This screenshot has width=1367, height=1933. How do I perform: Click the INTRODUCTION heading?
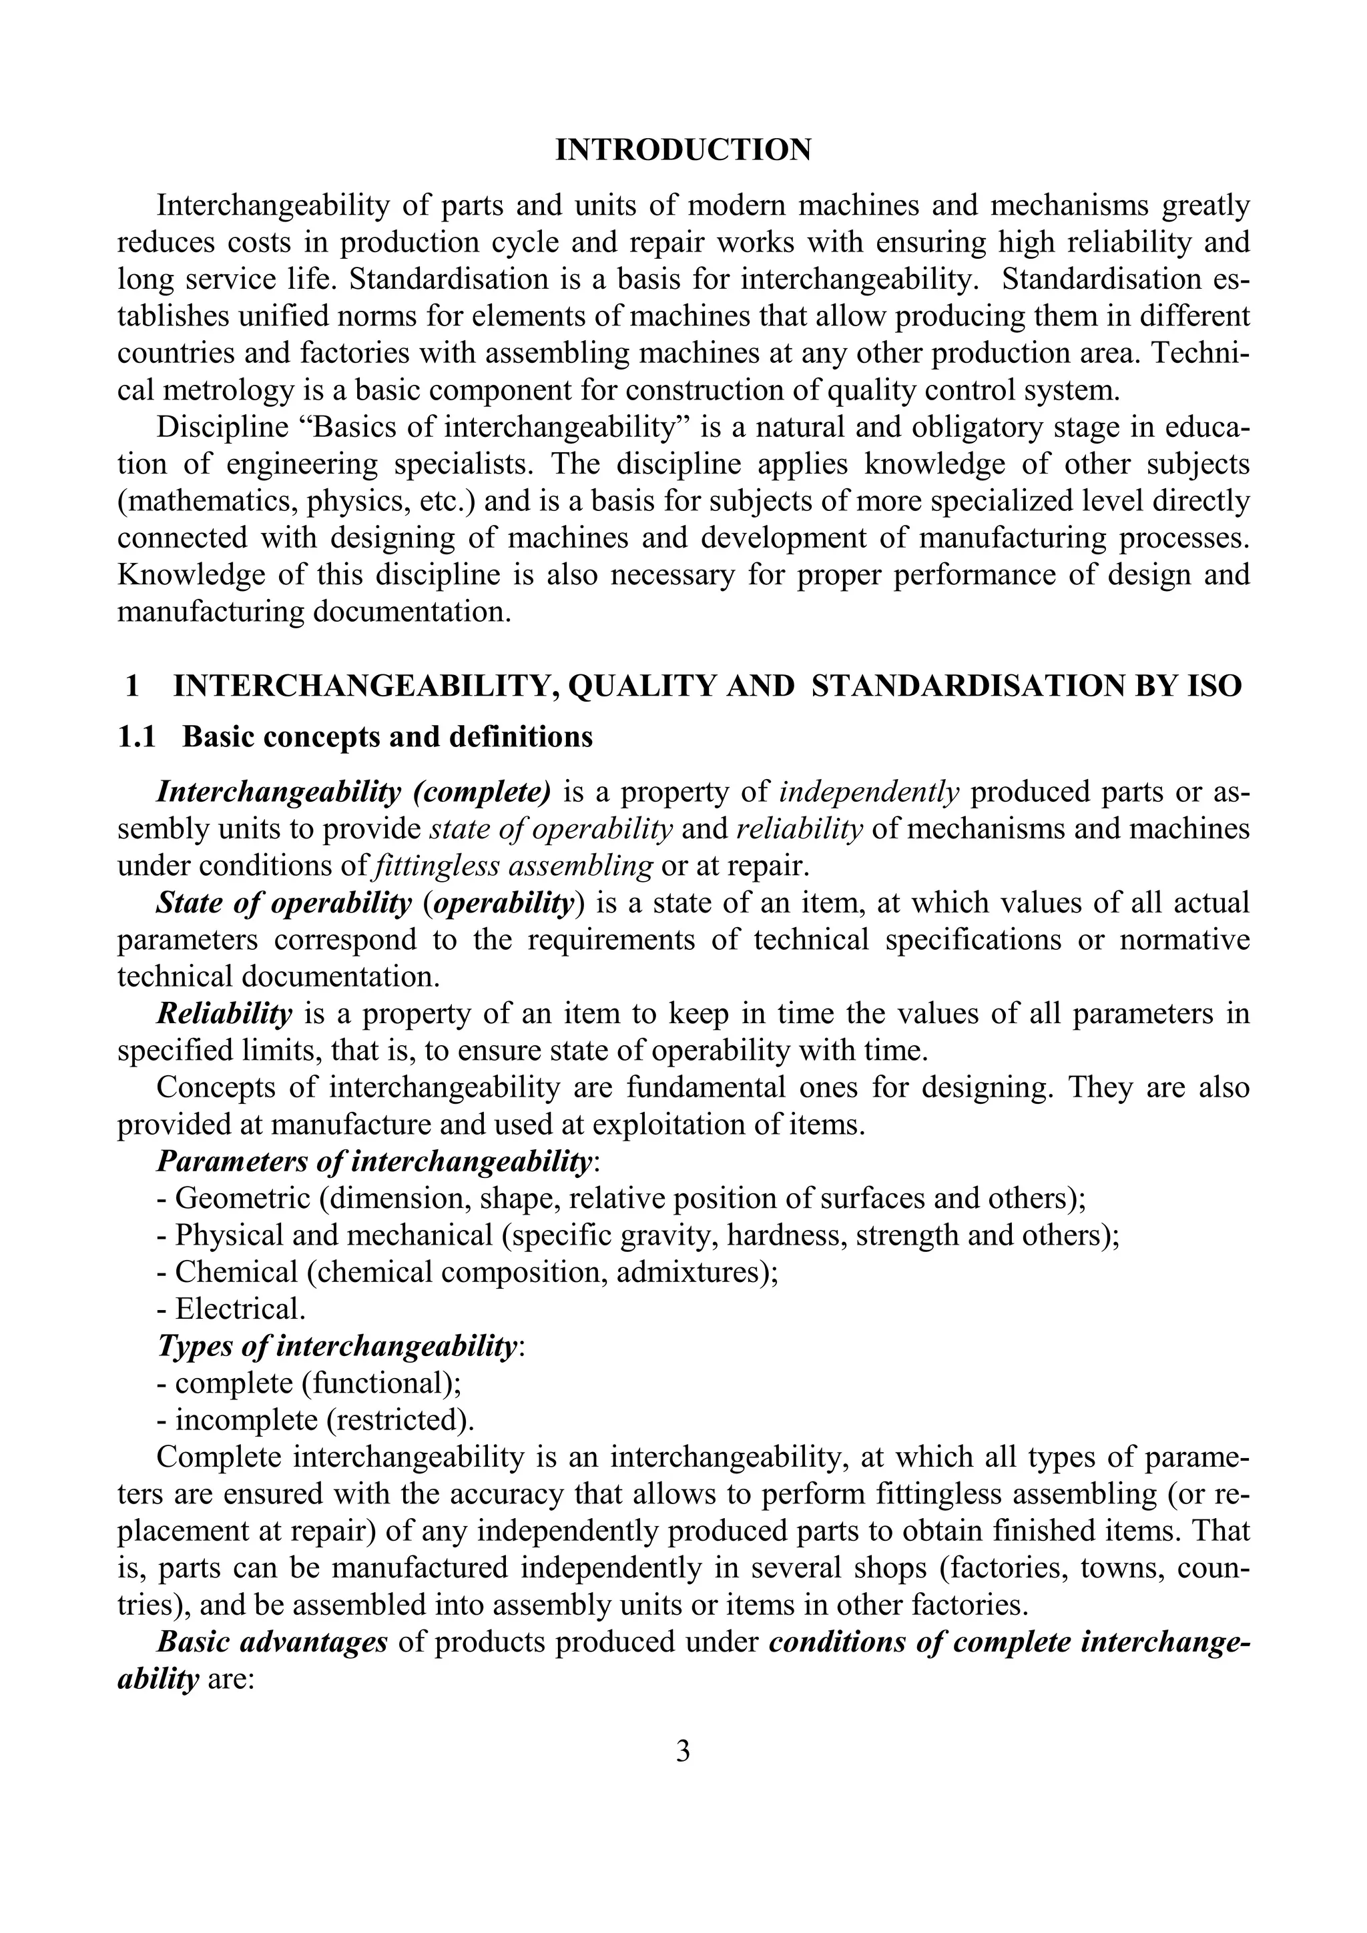click(x=683, y=150)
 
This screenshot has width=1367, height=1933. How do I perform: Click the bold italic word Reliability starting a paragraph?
click(x=224, y=1014)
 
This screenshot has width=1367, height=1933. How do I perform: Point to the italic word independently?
click(x=869, y=792)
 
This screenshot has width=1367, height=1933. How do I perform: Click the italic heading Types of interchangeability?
click(x=337, y=1346)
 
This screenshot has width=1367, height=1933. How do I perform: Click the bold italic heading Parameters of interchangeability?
click(x=374, y=1162)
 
